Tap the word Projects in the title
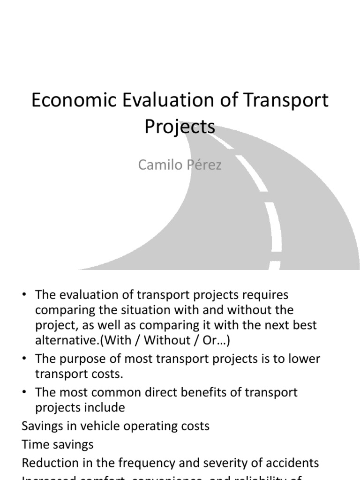click(180, 127)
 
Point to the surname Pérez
click(202, 165)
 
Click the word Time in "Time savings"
click(36, 444)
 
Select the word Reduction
click(53, 463)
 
